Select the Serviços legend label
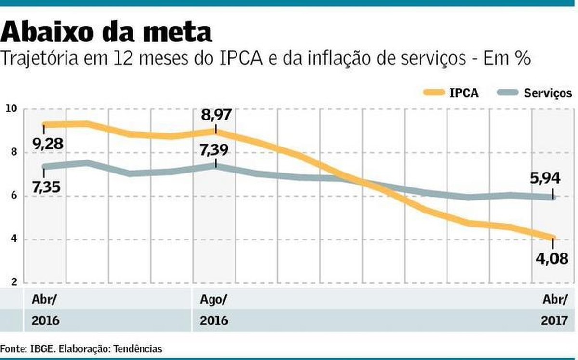click(x=548, y=93)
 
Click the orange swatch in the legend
click(x=433, y=93)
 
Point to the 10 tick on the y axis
click(x=11, y=109)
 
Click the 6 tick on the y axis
click(x=13, y=196)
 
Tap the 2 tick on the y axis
click(x=13, y=282)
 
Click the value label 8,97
click(x=217, y=115)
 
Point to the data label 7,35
click(x=46, y=187)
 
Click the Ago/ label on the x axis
click(x=213, y=299)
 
